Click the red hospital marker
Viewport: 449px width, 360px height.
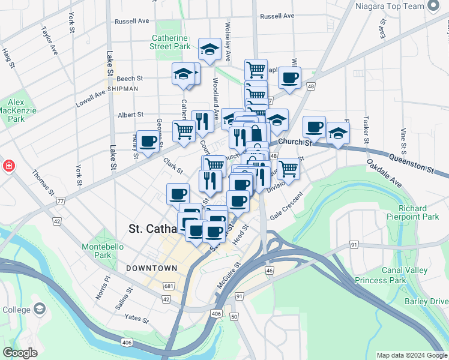pyautogui.click(x=8, y=166)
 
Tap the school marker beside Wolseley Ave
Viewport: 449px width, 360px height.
pyautogui.click(x=210, y=50)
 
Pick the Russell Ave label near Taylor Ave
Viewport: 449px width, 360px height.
pyautogui.click(x=131, y=21)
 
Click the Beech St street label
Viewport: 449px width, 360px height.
pyautogui.click(x=130, y=79)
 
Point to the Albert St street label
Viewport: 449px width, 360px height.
pyautogui.click(x=131, y=115)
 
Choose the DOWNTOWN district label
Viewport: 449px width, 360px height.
pyautogui.click(x=151, y=268)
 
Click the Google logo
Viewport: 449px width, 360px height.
pyautogui.click(x=20, y=353)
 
